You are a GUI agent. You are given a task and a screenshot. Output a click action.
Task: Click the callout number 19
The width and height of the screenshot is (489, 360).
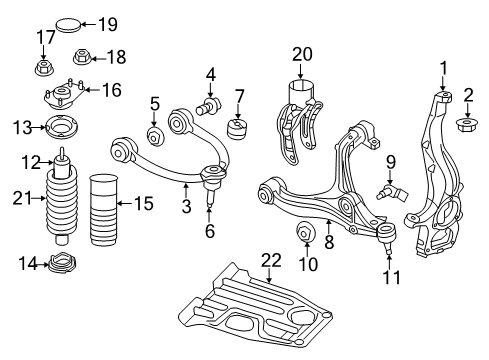pos(108,22)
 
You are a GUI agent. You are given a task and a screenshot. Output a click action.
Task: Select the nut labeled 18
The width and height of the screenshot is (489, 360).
pos(84,56)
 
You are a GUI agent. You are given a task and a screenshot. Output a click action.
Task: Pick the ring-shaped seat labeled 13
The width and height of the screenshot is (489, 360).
pos(49,128)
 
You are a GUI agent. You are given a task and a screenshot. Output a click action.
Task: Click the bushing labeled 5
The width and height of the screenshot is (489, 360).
pos(156,136)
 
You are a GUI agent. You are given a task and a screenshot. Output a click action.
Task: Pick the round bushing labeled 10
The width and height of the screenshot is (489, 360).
pos(306,236)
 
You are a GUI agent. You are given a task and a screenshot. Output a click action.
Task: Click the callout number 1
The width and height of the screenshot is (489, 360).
pos(441,68)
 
